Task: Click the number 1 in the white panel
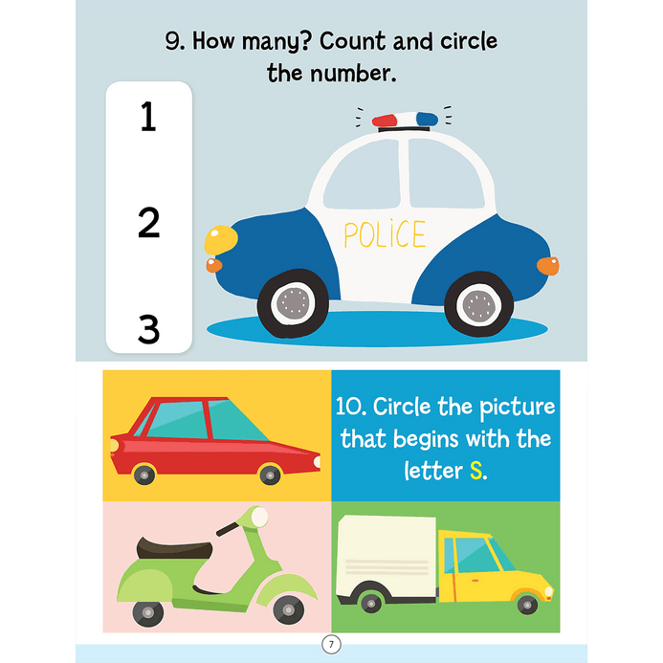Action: [148, 117]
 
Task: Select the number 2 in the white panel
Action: [149, 222]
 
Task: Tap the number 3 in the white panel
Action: [149, 328]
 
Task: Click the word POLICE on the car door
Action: [385, 233]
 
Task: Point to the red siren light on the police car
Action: [385, 121]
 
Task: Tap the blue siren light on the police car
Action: [427, 119]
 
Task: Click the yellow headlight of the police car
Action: [221, 240]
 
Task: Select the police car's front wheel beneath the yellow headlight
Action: [293, 302]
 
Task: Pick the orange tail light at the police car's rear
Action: [548, 266]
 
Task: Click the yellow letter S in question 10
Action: [476, 471]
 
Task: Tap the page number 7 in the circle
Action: [331, 645]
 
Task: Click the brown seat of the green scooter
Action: [174, 548]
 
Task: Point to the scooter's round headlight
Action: [258, 517]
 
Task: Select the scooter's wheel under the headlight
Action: [288, 610]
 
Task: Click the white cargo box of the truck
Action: [387, 555]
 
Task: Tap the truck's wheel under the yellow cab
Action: [527, 605]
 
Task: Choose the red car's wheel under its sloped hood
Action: [270, 475]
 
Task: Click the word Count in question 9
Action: [353, 41]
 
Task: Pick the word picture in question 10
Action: [518, 408]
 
